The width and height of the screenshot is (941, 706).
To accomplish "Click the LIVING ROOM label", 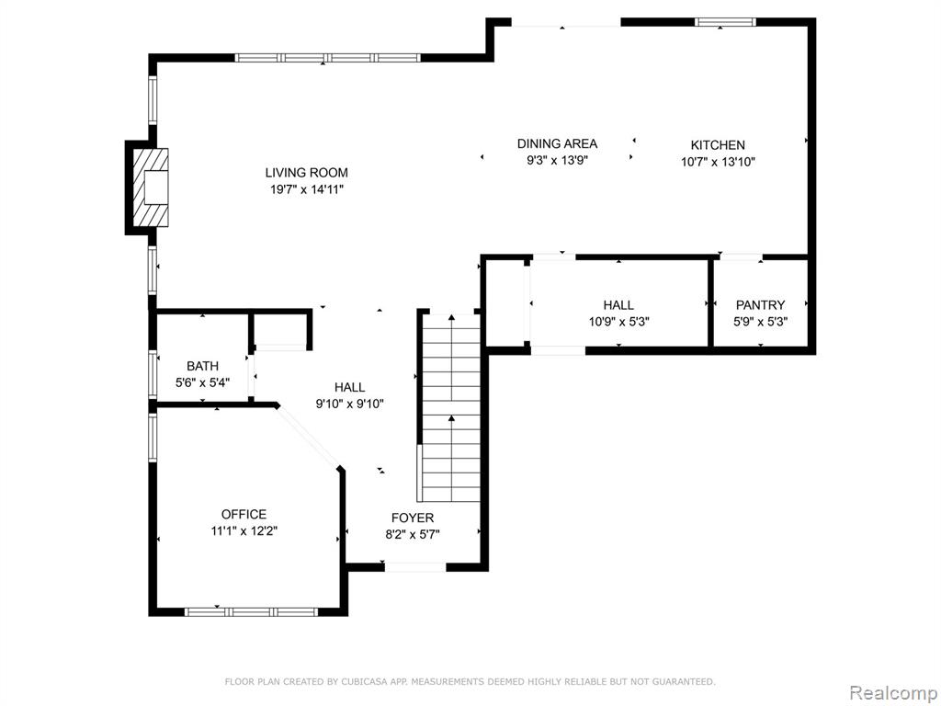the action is (x=307, y=173).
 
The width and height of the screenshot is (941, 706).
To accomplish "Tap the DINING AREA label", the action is (x=557, y=143).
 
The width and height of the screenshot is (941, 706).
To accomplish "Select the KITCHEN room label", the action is (x=718, y=144).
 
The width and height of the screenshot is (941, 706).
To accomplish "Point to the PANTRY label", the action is (x=760, y=305).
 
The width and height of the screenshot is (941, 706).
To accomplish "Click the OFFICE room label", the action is (x=244, y=515).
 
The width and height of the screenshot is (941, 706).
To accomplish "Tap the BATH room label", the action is (x=203, y=366).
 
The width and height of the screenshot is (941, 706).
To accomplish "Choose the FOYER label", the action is (x=413, y=518).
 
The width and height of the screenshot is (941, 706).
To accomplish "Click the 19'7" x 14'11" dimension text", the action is (x=307, y=189).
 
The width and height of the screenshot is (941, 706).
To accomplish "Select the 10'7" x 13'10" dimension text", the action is (x=718, y=162).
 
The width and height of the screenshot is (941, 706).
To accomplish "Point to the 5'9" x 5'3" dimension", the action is (x=760, y=322).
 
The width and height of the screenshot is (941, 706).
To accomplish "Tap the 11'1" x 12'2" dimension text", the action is (x=244, y=531).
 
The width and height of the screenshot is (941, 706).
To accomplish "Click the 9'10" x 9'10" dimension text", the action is (x=350, y=404).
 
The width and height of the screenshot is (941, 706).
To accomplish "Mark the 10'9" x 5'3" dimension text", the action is (x=618, y=322).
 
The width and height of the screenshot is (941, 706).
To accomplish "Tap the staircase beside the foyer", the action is (x=451, y=407).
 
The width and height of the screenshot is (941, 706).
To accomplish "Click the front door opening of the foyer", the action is (x=415, y=566).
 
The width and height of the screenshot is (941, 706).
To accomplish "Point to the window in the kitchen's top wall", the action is (x=725, y=22).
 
